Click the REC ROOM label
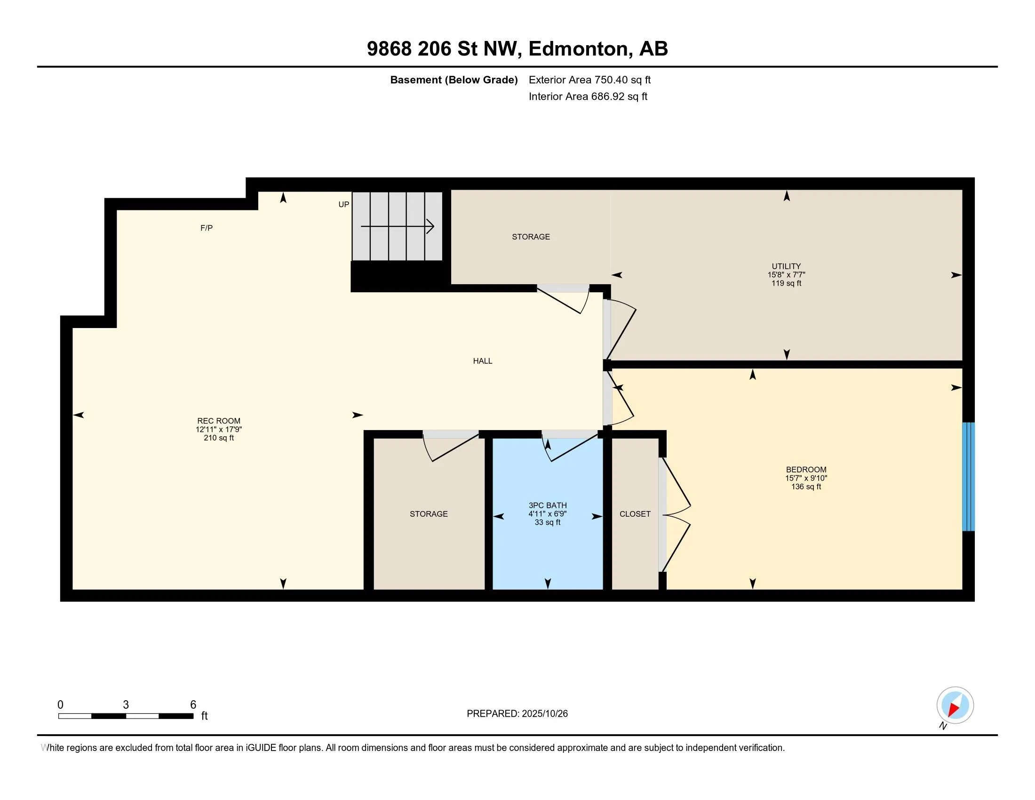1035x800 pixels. pyautogui.click(x=219, y=421)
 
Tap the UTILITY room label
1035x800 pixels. pyautogui.click(x=786, y=266)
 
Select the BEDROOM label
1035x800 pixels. pyautogui.click(x=806, y=470)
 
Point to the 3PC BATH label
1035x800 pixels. pyautogui.click(x=548, y=505)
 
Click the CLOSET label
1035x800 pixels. pyautogui.click(x=635, y=514)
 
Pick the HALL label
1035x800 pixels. pyautogui.click(x=482, y=360)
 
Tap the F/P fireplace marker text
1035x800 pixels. pyautogui.click(x=207, y=228)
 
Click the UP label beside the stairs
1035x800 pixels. pyautogui.click(x=343, y=204)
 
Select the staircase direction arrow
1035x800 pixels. pyautogui.click(x=398, y=226)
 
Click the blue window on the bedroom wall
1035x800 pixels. pyautogui.click(x=968, y=476)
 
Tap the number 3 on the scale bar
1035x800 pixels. pyautogui.click(x=126, y=705)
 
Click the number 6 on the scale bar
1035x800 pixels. pyautogui.click(x=193, y=705)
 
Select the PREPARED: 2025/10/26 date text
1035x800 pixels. pyautogui.click(x=517, y=714)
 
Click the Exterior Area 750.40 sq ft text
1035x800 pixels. pyautogui.click(x=589, y=80)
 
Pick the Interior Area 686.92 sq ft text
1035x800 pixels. pyautogui.click(x=588, y=96)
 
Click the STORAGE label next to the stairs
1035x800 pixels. pyautogui.click(x=531, y=237)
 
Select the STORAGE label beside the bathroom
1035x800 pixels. pyautogui.click(x=429, y=514)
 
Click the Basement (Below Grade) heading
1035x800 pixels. pyautogui.click(x=454, y=80)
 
